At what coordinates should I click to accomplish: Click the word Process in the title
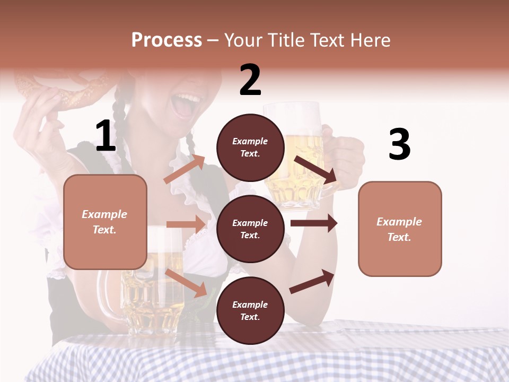coord(166,40)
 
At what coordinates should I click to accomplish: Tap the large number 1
coord(106,136)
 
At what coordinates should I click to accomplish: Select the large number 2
coord(250,80)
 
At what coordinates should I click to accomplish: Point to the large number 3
coord(399,144)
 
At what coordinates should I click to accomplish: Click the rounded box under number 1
coord(105,222)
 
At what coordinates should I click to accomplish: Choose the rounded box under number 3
coord(400,229)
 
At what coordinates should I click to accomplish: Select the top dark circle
coord(250,147)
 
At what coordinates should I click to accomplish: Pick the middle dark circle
coord(250,229)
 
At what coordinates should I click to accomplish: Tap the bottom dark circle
coord(250,310)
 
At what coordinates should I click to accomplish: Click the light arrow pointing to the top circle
coord(185,169)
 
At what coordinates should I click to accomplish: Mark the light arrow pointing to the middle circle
coord(186,224)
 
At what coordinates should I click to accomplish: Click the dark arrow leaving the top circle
coord(316,170)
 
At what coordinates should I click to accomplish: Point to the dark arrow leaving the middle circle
coord(314,223)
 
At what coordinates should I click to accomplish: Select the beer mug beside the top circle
coord(297,159)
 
